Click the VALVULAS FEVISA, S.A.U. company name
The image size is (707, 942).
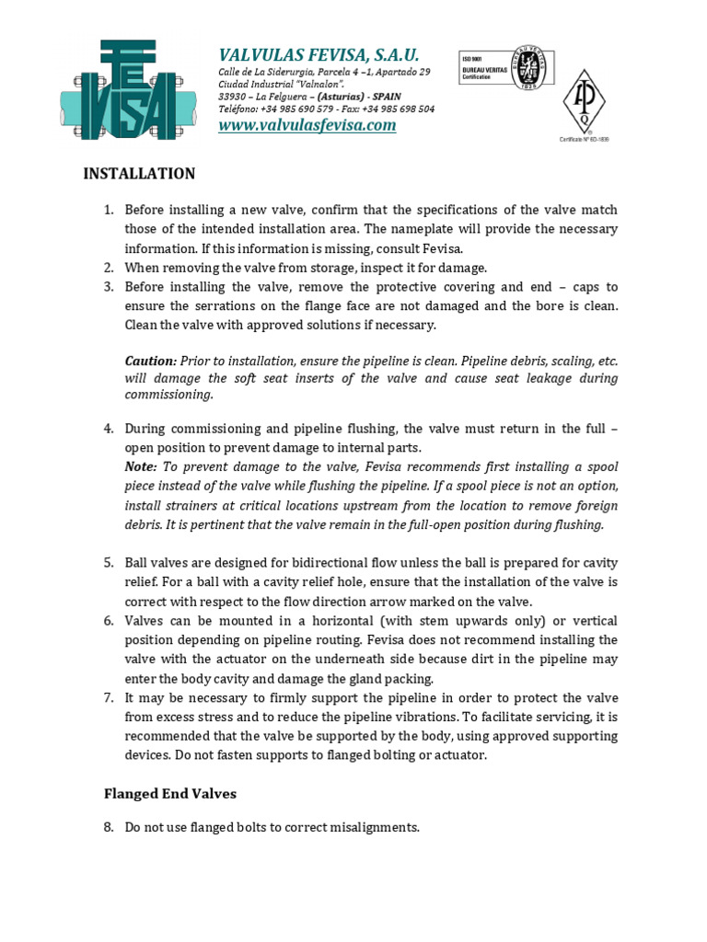(319, 54)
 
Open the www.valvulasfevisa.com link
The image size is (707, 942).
(307, 125)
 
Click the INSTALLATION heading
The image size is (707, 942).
(140, 174)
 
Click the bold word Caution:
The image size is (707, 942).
(150, 361)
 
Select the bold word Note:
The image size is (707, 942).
(141, 466)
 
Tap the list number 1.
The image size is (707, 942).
(108, 209)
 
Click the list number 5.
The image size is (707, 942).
(108, 562)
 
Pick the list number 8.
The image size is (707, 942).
(108, 827)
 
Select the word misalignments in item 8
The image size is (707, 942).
(377, 827)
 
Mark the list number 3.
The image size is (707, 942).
(108, 286)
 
